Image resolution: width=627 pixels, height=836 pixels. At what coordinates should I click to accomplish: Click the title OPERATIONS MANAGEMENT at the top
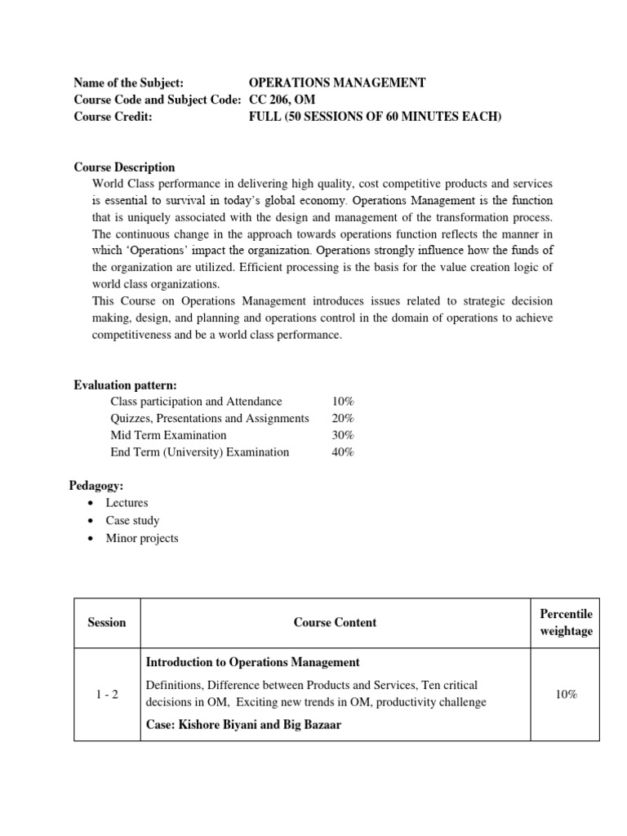click(336, 83)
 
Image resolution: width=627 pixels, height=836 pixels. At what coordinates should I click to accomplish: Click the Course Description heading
click(124, 167)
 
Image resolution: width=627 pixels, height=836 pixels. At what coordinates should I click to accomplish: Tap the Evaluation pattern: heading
click(125, 385)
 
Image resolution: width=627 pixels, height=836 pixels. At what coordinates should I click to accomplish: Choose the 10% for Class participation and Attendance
click(343, 401)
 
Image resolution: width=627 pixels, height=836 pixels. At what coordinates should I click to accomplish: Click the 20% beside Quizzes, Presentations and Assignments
click(343, 418)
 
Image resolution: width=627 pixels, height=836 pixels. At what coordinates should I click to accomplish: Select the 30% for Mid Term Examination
click(343, 435)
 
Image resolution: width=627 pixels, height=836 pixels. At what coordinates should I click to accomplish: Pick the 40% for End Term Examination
click(343, 451)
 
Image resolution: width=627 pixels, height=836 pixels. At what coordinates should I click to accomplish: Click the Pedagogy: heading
click(96, 486)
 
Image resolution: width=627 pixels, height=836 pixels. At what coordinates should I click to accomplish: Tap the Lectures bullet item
click(127, 503)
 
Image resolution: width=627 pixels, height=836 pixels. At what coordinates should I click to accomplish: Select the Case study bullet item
click(132, 520)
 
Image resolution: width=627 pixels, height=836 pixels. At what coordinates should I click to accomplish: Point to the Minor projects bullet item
click(141, 537)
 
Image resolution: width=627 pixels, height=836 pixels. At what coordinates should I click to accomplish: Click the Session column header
click(107, 622)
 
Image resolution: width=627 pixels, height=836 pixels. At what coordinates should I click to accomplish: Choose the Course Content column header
click(335, 622)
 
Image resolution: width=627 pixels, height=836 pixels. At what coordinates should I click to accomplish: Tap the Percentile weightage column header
click(567, 622)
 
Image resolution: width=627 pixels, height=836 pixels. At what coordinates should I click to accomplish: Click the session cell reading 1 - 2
click(107, 694)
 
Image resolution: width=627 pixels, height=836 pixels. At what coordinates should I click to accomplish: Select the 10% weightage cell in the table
click(567, 694)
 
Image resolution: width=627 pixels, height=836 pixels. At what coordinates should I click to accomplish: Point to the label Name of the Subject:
click(128, 83)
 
